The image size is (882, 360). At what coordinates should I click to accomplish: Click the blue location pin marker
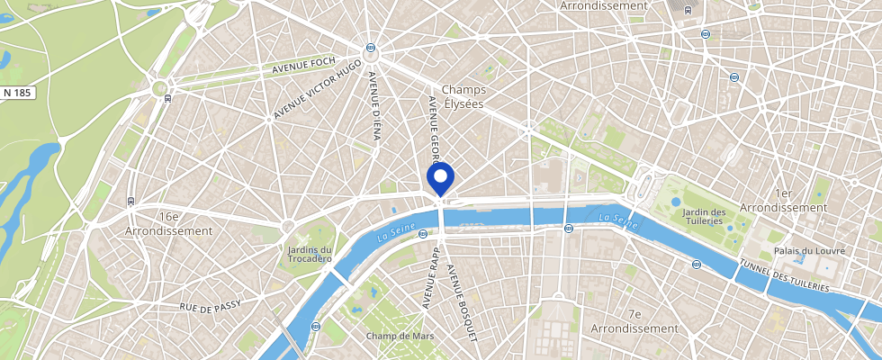click(440, 177)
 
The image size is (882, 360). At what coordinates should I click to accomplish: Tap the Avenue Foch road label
click(302, 65)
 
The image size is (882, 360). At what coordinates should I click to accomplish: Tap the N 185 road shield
click(18, 92)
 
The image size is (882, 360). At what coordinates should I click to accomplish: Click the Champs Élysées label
click(463, 97)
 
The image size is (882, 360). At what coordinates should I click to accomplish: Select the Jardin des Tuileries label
click(704, 217)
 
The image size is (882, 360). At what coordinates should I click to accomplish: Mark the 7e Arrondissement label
click(634, 321)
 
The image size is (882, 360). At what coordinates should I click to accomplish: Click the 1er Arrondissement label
click(788, 200)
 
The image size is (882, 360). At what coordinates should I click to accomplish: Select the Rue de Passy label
click(210, 308)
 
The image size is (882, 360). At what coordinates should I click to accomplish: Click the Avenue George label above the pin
click(433, 122)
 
